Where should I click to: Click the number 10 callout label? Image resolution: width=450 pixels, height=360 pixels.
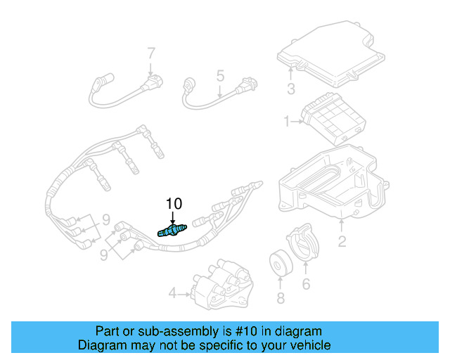click(174, 204)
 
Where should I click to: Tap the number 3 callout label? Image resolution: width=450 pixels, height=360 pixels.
click(290, 89)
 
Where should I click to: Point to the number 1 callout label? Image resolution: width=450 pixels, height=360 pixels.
click(287, 122)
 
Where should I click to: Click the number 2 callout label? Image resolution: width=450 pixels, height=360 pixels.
click(342, 243)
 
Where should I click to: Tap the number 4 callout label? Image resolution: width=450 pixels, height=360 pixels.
click(172, 292)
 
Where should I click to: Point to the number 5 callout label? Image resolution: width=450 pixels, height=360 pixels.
click(219, 75)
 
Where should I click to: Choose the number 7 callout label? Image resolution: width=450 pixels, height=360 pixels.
click(150, 53)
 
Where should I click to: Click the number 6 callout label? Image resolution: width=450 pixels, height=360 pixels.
click(306, 284)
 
